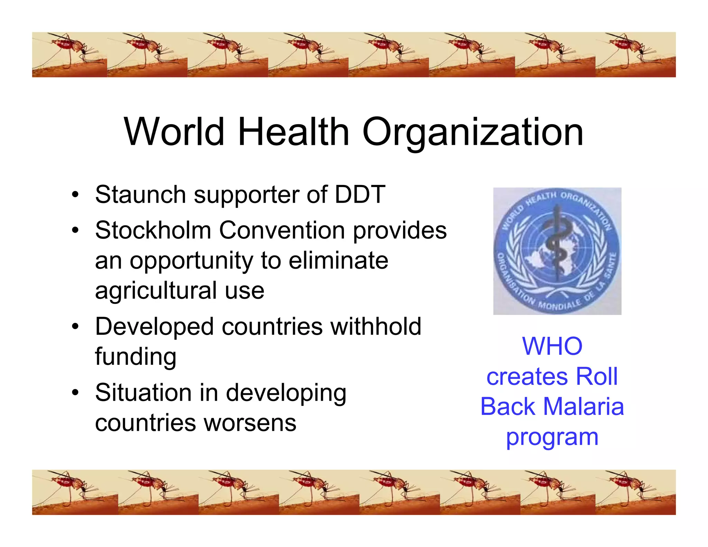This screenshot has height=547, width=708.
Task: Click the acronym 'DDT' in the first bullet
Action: click(x=360, y=194)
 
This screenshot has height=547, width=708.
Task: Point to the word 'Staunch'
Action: click(x=140, y=194)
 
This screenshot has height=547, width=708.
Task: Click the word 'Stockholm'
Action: click(x=153, y=230)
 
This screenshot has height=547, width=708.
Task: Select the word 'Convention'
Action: click(x=282, y=230)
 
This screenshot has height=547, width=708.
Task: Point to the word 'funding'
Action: click(x=136, y=357)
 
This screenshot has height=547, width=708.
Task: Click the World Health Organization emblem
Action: click(x=557, y=251)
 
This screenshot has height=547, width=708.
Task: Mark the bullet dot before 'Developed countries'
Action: click(x=75, y=326)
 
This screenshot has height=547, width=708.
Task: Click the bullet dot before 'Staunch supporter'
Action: click(x=75, y=194)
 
